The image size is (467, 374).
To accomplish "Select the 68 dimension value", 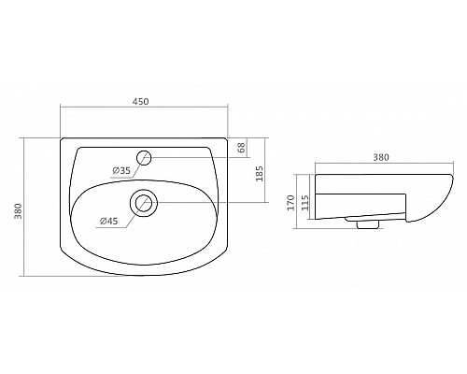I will pos(240,147).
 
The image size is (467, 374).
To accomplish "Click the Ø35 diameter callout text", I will pos(120,169).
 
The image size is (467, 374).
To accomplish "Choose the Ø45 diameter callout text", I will pos(109,222).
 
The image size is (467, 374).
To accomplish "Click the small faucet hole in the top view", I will pos(144,157).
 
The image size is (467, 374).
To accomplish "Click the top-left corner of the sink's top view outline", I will pos(62,140).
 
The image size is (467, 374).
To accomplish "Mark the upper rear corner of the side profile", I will pos(318,174).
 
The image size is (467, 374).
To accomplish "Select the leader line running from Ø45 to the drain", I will pos(126,212).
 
